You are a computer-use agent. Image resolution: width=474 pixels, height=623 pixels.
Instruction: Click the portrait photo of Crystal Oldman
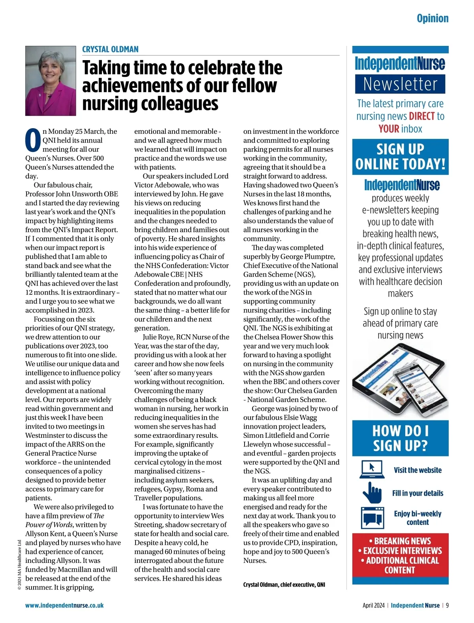click(x=51, y=81)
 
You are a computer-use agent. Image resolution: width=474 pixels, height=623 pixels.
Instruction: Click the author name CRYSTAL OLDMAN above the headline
click(x=110, y=49)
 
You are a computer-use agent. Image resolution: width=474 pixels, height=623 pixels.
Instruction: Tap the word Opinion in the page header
click(x=433, y=18)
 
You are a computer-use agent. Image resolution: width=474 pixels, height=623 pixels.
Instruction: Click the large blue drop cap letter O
click(x=33, y=140)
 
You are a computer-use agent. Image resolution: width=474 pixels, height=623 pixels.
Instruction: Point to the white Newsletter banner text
click(x=400, y=84)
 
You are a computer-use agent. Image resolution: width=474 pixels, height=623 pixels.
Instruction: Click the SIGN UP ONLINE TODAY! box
click(x=400, y=157)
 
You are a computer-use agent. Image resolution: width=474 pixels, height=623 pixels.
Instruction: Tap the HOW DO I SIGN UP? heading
click(x=400, y=438)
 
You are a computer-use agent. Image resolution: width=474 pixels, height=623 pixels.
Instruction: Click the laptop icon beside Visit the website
click(x=372, y=470)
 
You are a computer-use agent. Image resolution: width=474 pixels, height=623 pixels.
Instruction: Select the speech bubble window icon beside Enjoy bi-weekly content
click(x=372, y=517)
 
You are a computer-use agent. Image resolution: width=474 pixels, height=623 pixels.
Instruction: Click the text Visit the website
click(x=418, y=470)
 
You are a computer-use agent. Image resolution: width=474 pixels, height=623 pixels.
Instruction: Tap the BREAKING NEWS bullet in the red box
click(x=400, y=541)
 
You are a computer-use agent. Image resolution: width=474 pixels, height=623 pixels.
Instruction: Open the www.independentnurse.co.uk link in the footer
click(x=64, y=605)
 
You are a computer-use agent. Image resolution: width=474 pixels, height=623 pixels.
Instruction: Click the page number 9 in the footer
click(x=447, y=605)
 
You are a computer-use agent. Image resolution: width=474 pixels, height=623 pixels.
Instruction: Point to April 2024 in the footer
click(x=373, y=605)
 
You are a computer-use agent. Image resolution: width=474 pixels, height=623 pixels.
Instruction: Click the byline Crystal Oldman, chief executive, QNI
click(x=284, y=585)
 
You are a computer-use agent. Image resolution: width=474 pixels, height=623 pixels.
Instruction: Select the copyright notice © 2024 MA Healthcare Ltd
click(x=19, y=564)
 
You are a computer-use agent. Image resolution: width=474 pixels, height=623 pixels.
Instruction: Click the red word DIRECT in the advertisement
click(x=422, y=116)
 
